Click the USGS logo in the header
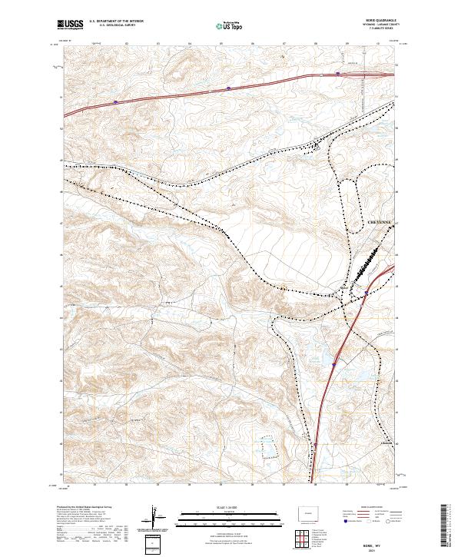point(71,25)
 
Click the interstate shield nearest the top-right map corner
point(337,74)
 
